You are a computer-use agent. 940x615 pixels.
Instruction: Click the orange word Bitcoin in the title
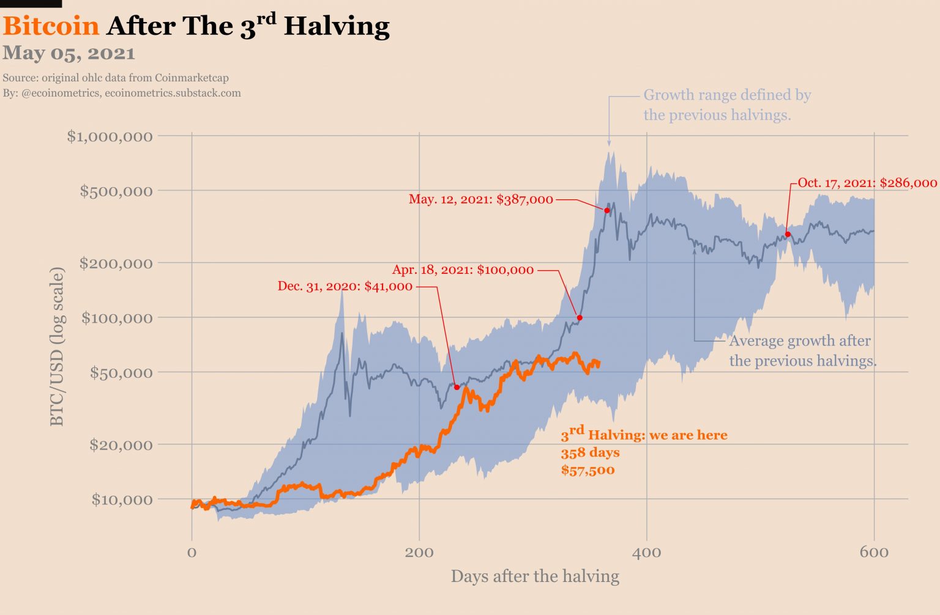point(51,26)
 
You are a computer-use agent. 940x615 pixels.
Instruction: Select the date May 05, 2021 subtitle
point(69,53)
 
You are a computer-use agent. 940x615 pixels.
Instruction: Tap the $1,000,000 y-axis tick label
point(110,136)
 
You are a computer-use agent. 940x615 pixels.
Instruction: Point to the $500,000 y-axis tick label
point(116,191)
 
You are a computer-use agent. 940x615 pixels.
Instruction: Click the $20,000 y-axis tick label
point(121,444)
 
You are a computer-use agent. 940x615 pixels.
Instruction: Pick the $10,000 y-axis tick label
point(122,499)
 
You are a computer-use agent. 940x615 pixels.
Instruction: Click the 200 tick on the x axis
point(419,553)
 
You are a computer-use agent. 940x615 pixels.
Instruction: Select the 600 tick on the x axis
point(874,553)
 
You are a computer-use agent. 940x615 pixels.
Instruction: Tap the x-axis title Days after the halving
point(535,576)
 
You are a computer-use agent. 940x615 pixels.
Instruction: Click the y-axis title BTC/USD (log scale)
point(57,346)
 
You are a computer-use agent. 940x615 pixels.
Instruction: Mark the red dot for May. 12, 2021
point(607,210)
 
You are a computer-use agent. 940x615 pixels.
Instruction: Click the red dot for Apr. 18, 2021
point(580,318)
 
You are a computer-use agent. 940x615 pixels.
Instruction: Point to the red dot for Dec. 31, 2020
point(457,387)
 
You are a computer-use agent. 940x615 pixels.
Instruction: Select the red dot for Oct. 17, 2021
point(788,234)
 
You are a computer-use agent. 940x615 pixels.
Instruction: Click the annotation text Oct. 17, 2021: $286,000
point(867,183)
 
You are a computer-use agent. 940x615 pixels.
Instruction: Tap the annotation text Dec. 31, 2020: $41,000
point(345,286)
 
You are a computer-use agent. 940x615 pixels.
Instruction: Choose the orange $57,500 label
point(587,470)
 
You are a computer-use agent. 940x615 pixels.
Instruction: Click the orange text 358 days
point(590,452)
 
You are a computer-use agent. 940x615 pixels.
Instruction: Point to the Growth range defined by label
point(727,95)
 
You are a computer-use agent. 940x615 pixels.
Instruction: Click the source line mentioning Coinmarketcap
point(116,78)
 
